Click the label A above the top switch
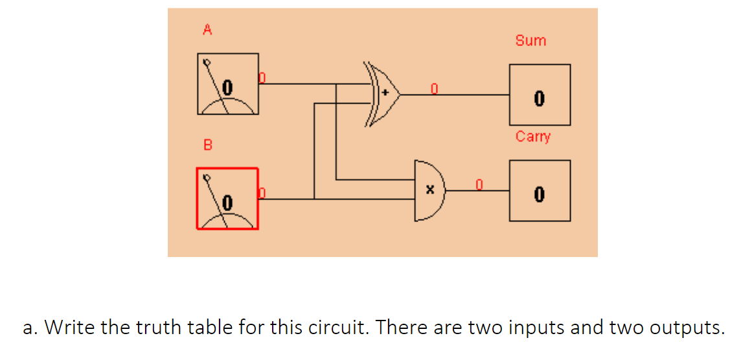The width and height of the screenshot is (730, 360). (207, 29)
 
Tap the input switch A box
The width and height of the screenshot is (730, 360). (227, 84)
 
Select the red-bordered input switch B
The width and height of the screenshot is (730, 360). (227, 198)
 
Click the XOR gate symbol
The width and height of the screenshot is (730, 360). (383, 94)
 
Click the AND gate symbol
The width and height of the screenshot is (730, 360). (429, 190)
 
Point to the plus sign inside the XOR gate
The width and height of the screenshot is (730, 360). (385, 93)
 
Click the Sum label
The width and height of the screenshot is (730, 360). (530, 41)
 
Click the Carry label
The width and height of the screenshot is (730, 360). (533, 137)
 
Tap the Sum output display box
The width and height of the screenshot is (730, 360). (539, 95)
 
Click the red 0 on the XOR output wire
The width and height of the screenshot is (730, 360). (435, 87)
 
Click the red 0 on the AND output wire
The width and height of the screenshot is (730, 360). (479, 184)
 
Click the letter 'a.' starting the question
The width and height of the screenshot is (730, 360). (30, 328)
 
